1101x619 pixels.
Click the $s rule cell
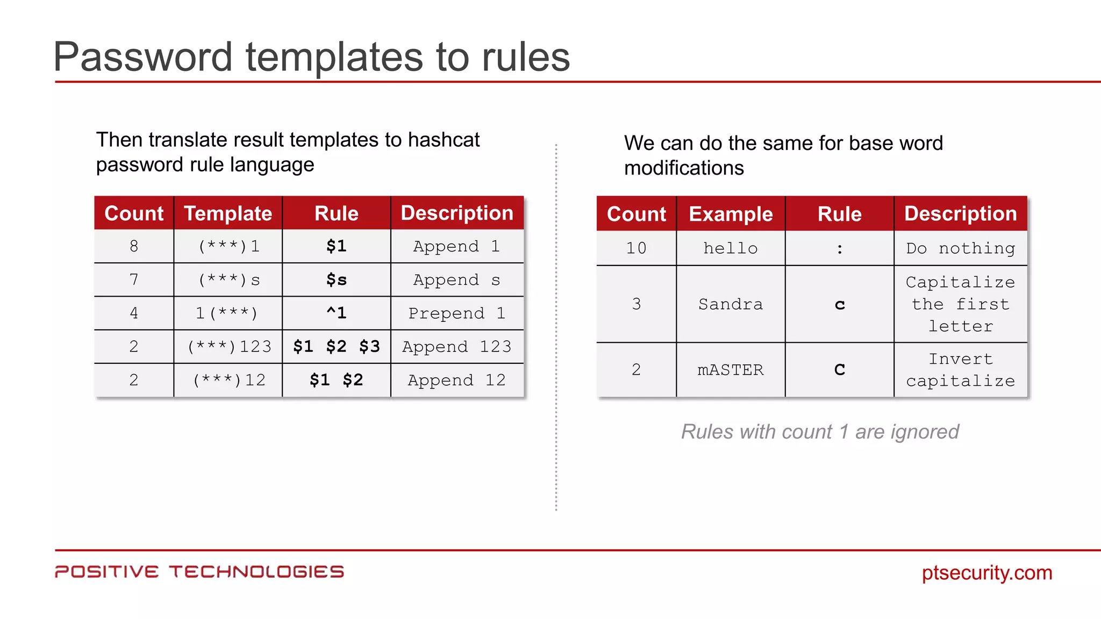pyautogui.click(x=337, y=280)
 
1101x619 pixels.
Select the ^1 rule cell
pyautogui.click(x=337, y=313)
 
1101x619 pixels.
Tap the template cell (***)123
pyautogui.click(x=228, y=347)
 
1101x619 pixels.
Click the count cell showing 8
pyautogui.click(x=134, y=246)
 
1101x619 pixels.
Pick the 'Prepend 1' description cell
pyautogui.click(x=457, y=313)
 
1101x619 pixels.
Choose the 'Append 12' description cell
pyautogui.click(x=457, y=380)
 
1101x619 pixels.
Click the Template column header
pyautogui.click(x=228, y=213)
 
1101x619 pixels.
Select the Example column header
pyautogui.click(x=731, y=214)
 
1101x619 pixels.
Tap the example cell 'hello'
pyautogui.click(x=731, y=248)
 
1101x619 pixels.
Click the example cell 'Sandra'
pyautogui.click(x=731, y=304)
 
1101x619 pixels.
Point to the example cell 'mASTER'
pyautogui.click(x=731, y=370)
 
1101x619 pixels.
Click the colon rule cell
pyautogui.click(x=840, y=249)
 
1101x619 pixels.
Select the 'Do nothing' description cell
pyautogui.click(x=961, y=248)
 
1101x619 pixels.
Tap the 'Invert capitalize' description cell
pyautogui.click(x=961, y=370)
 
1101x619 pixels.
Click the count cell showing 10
pyautogui.click(x=637, y=248)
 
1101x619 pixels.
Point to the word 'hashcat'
pyautogui.click(x=444, y=140)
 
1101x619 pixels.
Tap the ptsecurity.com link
pyautogui.click(x=987, y=573)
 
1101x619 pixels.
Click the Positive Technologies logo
pyautogui.click(x=199, y=572)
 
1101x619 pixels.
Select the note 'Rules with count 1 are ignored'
pyautogui.click(x=820, y=431)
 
